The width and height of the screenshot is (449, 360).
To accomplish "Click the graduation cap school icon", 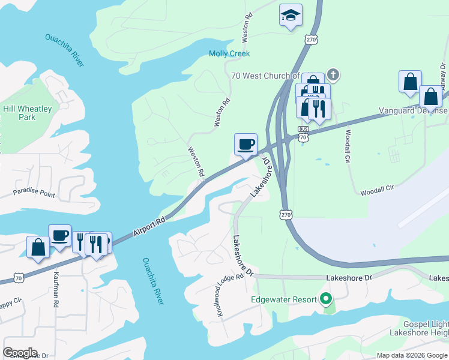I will point(291,16).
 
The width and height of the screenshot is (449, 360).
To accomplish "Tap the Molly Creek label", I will point(229,53).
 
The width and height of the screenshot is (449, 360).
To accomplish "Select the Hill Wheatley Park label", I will point(28,113).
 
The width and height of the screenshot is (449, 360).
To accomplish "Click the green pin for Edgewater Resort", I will point(326,298).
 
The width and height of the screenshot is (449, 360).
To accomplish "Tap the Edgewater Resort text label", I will point(284,299).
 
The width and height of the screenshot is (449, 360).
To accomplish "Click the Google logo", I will point(20,353).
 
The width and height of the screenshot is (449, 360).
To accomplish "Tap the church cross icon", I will point(333,76).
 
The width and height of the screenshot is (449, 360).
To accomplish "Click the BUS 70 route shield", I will point(304,133).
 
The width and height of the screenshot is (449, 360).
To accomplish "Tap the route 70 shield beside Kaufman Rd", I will point(20,278).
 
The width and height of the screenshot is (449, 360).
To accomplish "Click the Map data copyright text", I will point(411,355).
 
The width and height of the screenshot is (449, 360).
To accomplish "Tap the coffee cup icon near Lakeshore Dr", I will point(246,145).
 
